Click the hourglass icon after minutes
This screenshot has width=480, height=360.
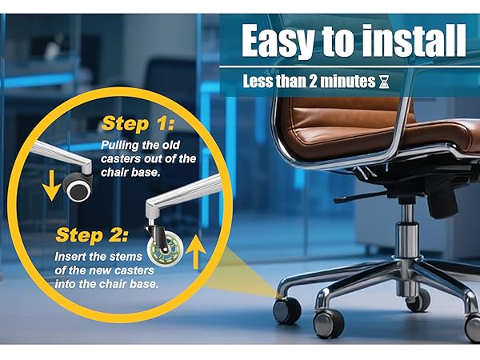pos(384,82)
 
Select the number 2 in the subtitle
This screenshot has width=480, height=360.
pos(313,82)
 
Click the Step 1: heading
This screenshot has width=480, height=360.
pos(138,124)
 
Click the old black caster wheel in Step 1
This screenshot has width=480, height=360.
pos(78,186)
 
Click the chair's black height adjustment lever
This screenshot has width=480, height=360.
pos(362,197)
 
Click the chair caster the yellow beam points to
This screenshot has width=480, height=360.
pos(287,310)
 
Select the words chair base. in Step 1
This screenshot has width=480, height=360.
pos(130,172)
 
